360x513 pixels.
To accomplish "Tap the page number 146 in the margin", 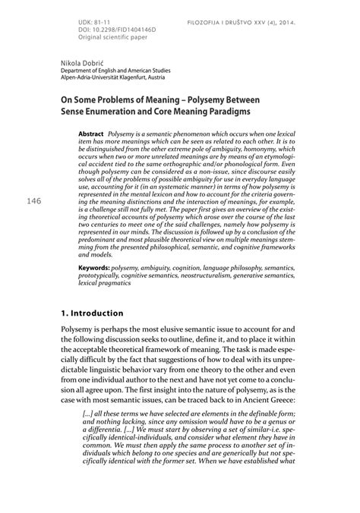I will click(34, 201).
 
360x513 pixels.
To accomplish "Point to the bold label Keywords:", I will click(93, 267).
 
